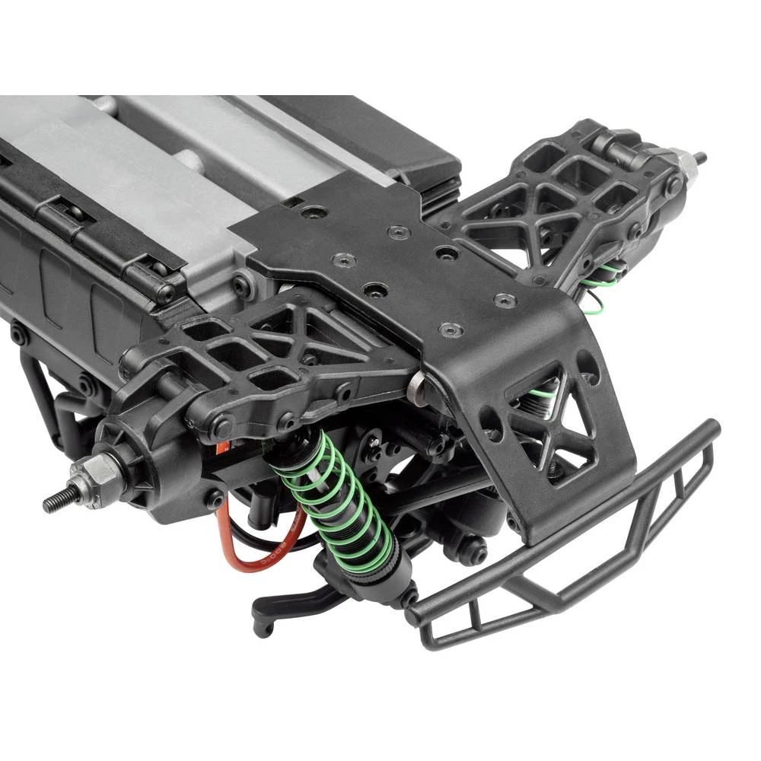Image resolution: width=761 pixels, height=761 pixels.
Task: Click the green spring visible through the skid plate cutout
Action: point(544,403)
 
